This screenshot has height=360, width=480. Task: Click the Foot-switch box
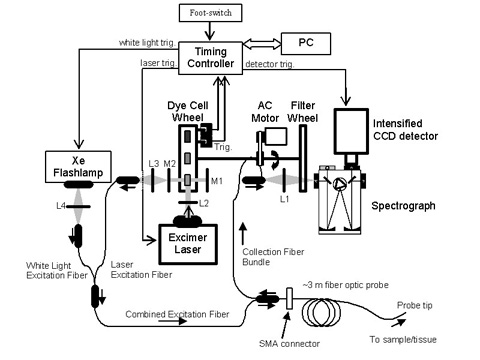210,13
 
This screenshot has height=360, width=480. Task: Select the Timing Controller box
210,58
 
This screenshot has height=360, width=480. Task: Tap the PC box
306,43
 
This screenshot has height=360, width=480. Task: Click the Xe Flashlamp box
78,167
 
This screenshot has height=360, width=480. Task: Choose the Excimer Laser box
188,244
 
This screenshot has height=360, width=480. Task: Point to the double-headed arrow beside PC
262,43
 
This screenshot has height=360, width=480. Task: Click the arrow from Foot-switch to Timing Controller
210,31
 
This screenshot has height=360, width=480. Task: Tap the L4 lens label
61,206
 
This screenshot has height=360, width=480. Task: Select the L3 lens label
154,163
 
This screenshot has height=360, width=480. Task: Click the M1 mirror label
217,181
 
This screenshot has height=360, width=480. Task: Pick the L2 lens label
204,203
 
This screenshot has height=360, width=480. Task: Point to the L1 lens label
284,199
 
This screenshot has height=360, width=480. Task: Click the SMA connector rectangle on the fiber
289,298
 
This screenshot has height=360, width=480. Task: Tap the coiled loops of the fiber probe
322,312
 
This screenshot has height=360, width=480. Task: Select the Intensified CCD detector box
351,131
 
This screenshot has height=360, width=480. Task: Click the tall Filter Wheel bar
303,158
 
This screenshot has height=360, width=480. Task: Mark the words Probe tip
415,305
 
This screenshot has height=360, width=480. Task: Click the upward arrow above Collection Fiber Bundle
243,234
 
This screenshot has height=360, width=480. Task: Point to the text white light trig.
147,43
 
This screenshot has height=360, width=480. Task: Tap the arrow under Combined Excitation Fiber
172,321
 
